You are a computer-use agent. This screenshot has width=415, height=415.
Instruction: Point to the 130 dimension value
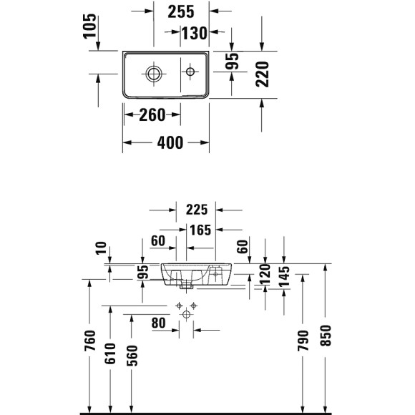tap(193, 32)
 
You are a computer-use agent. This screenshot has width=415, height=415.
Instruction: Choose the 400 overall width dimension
tap(170, 142)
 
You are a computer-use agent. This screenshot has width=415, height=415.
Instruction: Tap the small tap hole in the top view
tap(191, 72)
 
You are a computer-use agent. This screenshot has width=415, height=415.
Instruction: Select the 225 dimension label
tap(195, 210)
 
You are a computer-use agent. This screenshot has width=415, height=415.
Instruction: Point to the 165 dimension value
tap(202, 230)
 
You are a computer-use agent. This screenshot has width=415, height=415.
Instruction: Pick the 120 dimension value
tap(265, 275)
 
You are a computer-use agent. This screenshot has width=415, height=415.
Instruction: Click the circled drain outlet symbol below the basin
tap(187, 315)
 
